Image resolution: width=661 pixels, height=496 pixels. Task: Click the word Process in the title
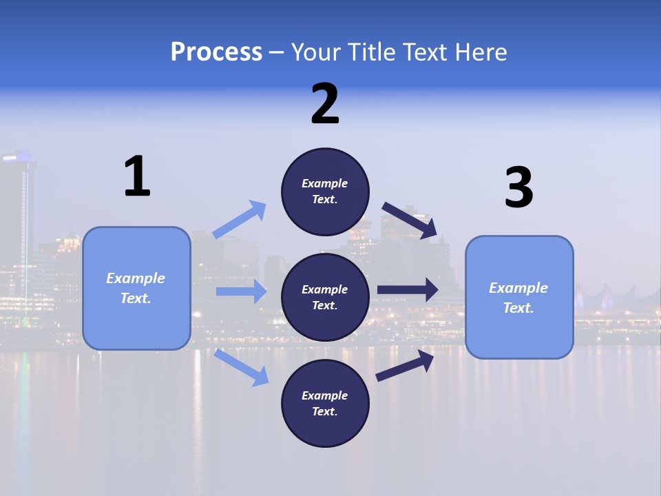coord(216,52)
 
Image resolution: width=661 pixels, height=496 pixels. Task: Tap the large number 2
coord(325,105)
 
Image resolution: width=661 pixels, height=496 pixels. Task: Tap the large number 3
coord(518,188)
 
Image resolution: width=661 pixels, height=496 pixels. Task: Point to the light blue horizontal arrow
coord(241,291)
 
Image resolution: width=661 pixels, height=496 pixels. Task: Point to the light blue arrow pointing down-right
coord(242,368)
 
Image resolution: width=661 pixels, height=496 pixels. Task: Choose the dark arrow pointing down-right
coord(410,220)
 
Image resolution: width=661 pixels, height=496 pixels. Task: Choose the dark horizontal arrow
coord(408,290)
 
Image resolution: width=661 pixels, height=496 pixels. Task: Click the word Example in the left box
coord(136,278)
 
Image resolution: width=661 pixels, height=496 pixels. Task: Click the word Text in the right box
coord(517,308)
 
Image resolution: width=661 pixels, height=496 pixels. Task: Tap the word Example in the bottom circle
coord(324,395)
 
